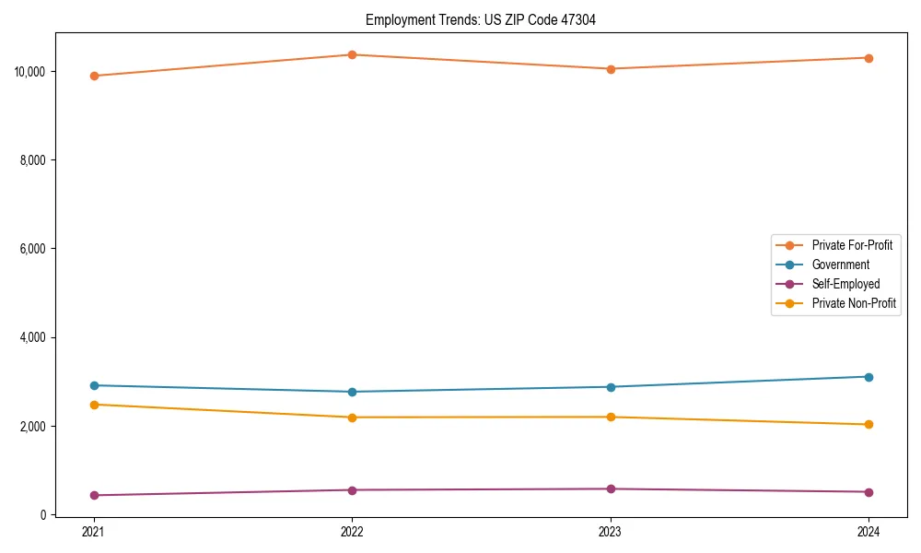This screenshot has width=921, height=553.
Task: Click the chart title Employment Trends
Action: pos(481,19)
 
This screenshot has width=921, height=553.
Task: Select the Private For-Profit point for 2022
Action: pos(352,54)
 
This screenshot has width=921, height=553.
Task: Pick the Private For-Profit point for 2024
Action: pos(869,58)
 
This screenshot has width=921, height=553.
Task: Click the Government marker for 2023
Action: pos(611,387)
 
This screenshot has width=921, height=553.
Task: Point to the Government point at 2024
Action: pos(869,377)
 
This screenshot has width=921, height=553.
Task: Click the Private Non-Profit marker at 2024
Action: pos(869,425)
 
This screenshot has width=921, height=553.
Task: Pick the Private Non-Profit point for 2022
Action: pos(352,418)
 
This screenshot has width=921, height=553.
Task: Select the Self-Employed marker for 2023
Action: pos(611,489)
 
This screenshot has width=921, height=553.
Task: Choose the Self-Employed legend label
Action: pos(845,284)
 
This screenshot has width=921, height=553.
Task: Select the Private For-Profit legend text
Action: pos(852,245)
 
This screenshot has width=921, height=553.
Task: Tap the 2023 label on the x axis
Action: pos(611,532)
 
